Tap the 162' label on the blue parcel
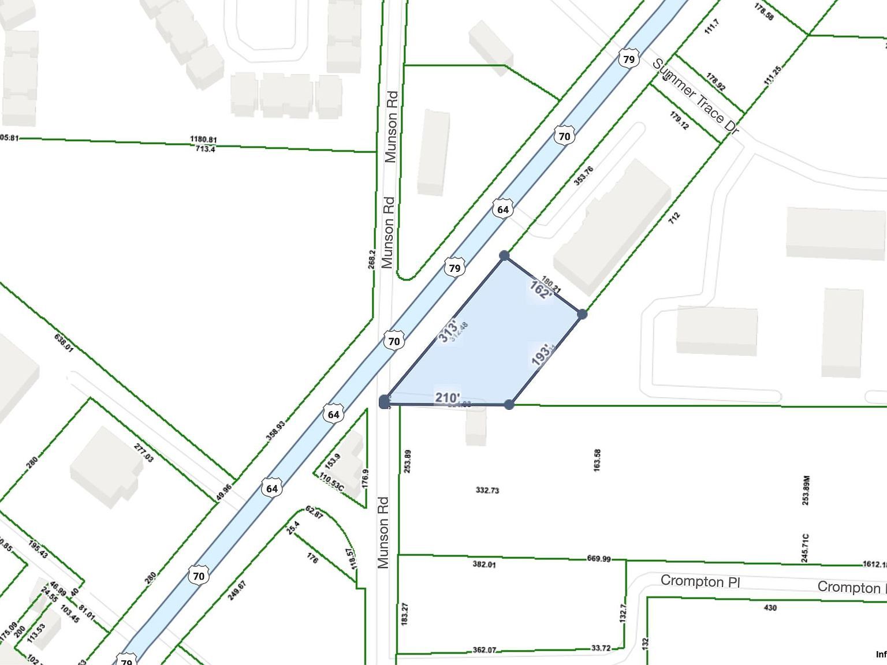tap(541, 290)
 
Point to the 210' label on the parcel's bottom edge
tap(448, 398)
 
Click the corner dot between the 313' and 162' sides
tap(504, 255)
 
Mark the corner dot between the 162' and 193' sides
tap(582, 314)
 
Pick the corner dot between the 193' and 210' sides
tap(509, 405)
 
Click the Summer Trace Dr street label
tap(695, 98)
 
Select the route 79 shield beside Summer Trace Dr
tap(629, 59)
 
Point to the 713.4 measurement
tap(205, 150)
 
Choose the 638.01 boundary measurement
tap(64, 343)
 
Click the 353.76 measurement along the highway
tap(584, 176)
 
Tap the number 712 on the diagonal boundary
tap(674, 217)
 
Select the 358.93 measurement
tap(275, 430)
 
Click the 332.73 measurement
tap(487, 490)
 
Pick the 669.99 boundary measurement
tap(599, 558)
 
